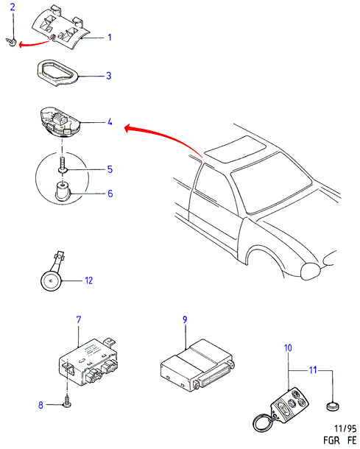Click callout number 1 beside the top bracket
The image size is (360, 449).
(110, 38)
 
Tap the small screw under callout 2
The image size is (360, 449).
(11, 42)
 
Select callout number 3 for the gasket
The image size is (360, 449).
(108, 76)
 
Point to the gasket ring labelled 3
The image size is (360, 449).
(57, 72)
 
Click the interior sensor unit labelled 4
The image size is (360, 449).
(60, 122)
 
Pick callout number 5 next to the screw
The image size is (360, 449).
(110, 169)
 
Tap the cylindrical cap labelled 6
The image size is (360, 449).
(62, 191)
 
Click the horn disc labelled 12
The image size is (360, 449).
(51, 281)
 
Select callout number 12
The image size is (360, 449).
(89, 280)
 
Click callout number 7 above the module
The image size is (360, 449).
(79, 319)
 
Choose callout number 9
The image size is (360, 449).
(185, 319)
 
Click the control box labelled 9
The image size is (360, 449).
(197, 365)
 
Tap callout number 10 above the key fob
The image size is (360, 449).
(288, 348)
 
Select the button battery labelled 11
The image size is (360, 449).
(333, 406)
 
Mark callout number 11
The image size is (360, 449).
(313, 370)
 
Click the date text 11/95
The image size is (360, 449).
(345, 428)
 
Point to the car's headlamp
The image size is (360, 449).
(311, 271)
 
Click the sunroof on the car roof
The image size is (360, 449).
(236, 149)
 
